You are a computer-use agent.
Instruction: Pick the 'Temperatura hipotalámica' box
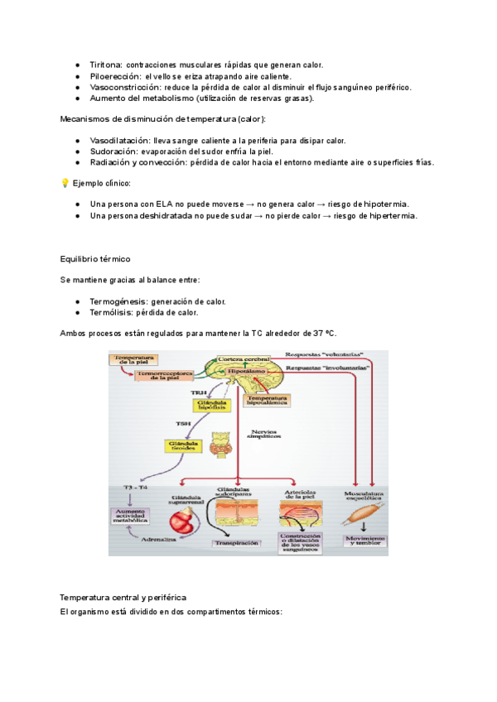click(266, 400)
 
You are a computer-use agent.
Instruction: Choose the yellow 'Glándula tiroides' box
click(184, 446)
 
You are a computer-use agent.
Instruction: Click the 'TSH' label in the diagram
click(183, 424)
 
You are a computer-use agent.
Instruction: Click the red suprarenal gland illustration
click(184, 523)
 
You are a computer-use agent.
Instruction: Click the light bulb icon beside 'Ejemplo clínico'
click(65, 183)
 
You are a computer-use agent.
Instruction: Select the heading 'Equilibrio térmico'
click(95, 259)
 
